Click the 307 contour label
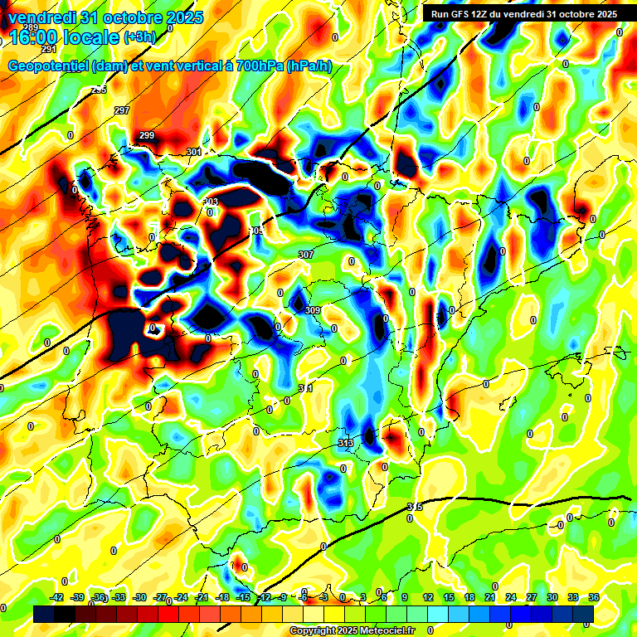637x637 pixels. (305, 255)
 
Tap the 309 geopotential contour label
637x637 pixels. (313, 310)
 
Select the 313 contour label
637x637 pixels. (346, 443)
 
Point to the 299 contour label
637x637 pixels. (147, 135)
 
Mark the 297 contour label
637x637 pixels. (122, 110)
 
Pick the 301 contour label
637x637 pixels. (195, 152)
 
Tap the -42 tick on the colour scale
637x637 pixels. (57, 597)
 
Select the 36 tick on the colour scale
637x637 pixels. (594, 597)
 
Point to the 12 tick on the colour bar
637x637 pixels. (428, 597)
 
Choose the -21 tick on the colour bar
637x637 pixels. (202, 597)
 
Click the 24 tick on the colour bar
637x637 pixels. (511, 597)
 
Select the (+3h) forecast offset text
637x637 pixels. (139, 37)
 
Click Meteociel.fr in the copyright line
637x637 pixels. (387, 631)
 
